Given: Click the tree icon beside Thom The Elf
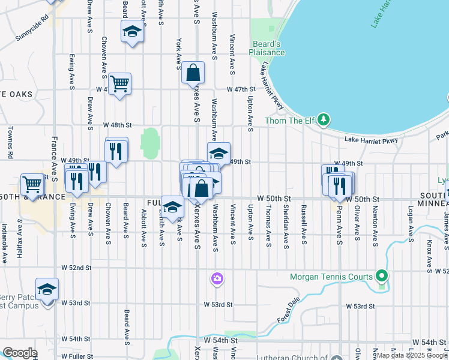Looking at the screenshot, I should [324, 120].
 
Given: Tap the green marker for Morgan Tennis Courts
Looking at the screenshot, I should [381, 277].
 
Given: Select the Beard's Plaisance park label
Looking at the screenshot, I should [267, 48].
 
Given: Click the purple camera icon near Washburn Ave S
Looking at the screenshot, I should [217, 278].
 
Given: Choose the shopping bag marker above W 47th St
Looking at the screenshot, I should [193, 73].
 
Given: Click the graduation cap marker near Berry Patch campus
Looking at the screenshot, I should [47, 290].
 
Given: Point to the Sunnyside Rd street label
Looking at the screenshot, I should [31, 37].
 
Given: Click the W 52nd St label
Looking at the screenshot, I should [76, 268].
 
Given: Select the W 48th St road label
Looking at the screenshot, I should [116, 125].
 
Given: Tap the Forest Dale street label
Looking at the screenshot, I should [288, 313].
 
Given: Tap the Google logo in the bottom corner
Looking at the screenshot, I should [20, 353].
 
